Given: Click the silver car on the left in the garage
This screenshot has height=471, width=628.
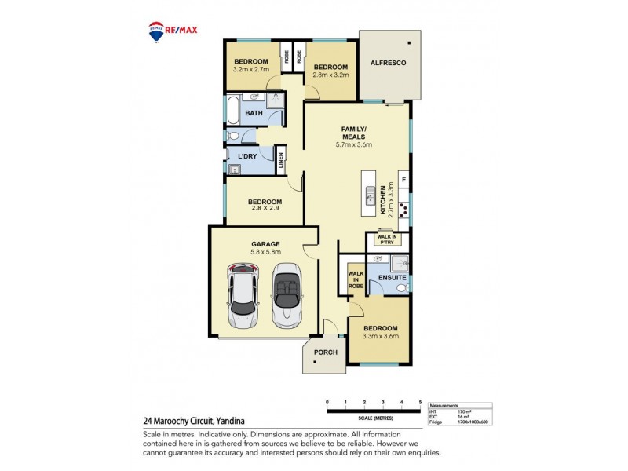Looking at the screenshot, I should [243, 296].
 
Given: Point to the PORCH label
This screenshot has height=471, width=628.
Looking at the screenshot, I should [325, 352].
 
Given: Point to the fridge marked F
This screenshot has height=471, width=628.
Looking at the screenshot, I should [403, 180].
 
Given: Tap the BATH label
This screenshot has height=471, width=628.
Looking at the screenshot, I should [254, 114].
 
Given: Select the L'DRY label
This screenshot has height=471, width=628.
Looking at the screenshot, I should [248, 157].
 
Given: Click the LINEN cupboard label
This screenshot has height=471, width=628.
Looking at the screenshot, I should [281, 162].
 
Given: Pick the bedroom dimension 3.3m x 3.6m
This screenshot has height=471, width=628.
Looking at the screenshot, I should [380, 336].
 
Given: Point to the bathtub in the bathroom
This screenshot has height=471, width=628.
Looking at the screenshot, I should [232, 111].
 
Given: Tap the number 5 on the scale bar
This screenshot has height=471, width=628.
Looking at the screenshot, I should [420, 402].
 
